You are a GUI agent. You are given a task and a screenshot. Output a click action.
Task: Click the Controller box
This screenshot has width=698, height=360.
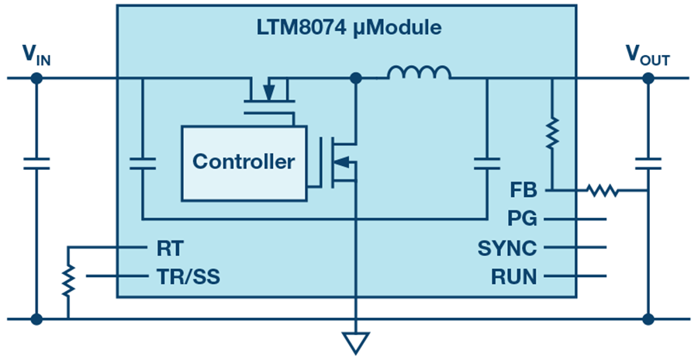point(244,163)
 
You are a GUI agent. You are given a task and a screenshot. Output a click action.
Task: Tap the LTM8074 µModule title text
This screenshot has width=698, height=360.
point(349,28)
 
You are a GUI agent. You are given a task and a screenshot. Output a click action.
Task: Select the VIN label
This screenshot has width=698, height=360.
point(36,56)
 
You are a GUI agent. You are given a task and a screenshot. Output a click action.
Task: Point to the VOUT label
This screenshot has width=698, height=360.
point(648,56)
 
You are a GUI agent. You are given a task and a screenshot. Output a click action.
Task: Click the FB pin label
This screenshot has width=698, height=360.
point(523,190)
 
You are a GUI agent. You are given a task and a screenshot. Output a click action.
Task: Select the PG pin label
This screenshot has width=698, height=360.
point(522,219)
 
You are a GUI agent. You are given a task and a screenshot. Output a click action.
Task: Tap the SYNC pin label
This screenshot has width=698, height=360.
point(507,247)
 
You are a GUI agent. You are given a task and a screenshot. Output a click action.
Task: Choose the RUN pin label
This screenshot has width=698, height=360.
point(513,277)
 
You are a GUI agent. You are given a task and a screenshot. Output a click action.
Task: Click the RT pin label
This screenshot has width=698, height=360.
point(170,248)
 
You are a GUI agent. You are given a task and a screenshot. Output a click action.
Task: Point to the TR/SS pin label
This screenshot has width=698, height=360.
point(188,277)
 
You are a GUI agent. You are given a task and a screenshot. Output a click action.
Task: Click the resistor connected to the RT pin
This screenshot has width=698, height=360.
point(68,281)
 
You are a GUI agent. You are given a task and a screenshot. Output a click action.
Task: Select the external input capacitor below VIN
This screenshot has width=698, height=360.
point(36,164)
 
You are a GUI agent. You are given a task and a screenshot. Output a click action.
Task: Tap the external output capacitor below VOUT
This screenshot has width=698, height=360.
point(648,164)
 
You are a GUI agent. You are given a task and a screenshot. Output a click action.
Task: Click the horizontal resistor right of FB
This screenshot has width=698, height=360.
point(603,191)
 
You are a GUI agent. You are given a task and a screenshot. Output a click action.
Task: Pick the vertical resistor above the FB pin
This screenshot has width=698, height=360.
point(552,133)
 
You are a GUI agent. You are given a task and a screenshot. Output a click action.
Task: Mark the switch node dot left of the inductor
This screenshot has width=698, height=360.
point(356,78)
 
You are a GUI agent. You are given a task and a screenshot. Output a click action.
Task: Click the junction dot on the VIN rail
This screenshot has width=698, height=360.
point(36,78)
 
